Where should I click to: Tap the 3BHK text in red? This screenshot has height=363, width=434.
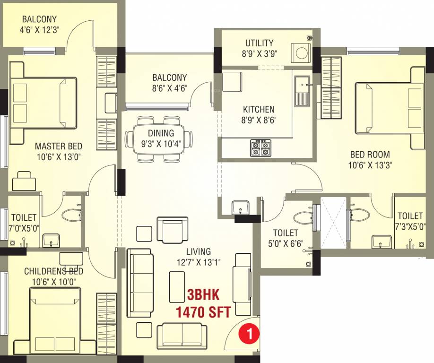203,295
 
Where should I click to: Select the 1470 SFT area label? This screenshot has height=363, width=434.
203,312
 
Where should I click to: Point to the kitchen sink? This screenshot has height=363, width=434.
301,91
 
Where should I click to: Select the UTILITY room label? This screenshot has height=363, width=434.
259,43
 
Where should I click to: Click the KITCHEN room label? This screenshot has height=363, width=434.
259,109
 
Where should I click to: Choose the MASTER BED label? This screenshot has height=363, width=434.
58,147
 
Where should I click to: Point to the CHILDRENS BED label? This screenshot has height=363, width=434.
53,271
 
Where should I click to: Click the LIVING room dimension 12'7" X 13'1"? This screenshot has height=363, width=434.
198,261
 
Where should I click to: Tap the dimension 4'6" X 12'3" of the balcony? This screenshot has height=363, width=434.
39,29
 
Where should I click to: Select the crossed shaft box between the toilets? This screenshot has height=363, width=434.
334,223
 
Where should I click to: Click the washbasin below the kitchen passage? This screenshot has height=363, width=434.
241,207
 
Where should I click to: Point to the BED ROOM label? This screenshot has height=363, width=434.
370,154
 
